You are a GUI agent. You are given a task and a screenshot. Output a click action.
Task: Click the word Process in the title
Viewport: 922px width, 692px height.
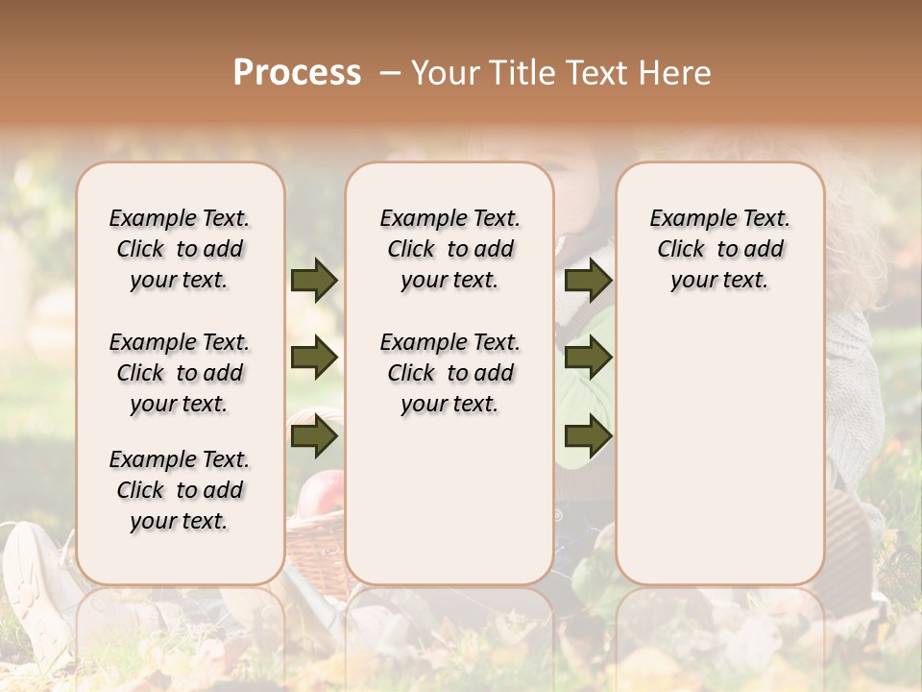pos(297,72)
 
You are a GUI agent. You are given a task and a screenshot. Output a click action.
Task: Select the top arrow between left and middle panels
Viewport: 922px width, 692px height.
pos(313,280)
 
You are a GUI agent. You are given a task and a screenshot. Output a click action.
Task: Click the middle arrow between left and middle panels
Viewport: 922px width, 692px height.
pos(313,358)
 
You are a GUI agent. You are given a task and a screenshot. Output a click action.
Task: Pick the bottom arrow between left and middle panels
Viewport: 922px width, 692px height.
pos(313,437)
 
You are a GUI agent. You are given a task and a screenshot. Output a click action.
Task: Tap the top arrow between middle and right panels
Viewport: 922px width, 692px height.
pos(588,280)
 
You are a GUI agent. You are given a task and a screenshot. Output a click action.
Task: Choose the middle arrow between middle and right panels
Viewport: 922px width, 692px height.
pos(588,358)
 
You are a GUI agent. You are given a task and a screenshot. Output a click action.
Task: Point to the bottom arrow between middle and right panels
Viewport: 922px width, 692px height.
pos(588,437)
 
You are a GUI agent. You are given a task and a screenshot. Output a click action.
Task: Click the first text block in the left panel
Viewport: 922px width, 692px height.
pos(180,249)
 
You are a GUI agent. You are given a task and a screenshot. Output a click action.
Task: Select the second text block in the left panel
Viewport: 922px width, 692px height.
pos(180,373)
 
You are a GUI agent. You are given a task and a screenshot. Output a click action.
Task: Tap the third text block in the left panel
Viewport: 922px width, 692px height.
pos(180,490)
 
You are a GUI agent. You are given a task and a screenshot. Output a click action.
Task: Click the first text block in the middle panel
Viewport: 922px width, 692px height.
pos(449,249)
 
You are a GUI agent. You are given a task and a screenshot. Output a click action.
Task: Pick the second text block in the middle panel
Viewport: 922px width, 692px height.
pos(449,373)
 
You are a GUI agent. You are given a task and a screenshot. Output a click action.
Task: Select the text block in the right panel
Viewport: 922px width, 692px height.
pos(719,249)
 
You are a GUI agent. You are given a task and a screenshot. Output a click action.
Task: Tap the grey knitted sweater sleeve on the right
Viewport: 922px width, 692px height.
pos(855,404)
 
